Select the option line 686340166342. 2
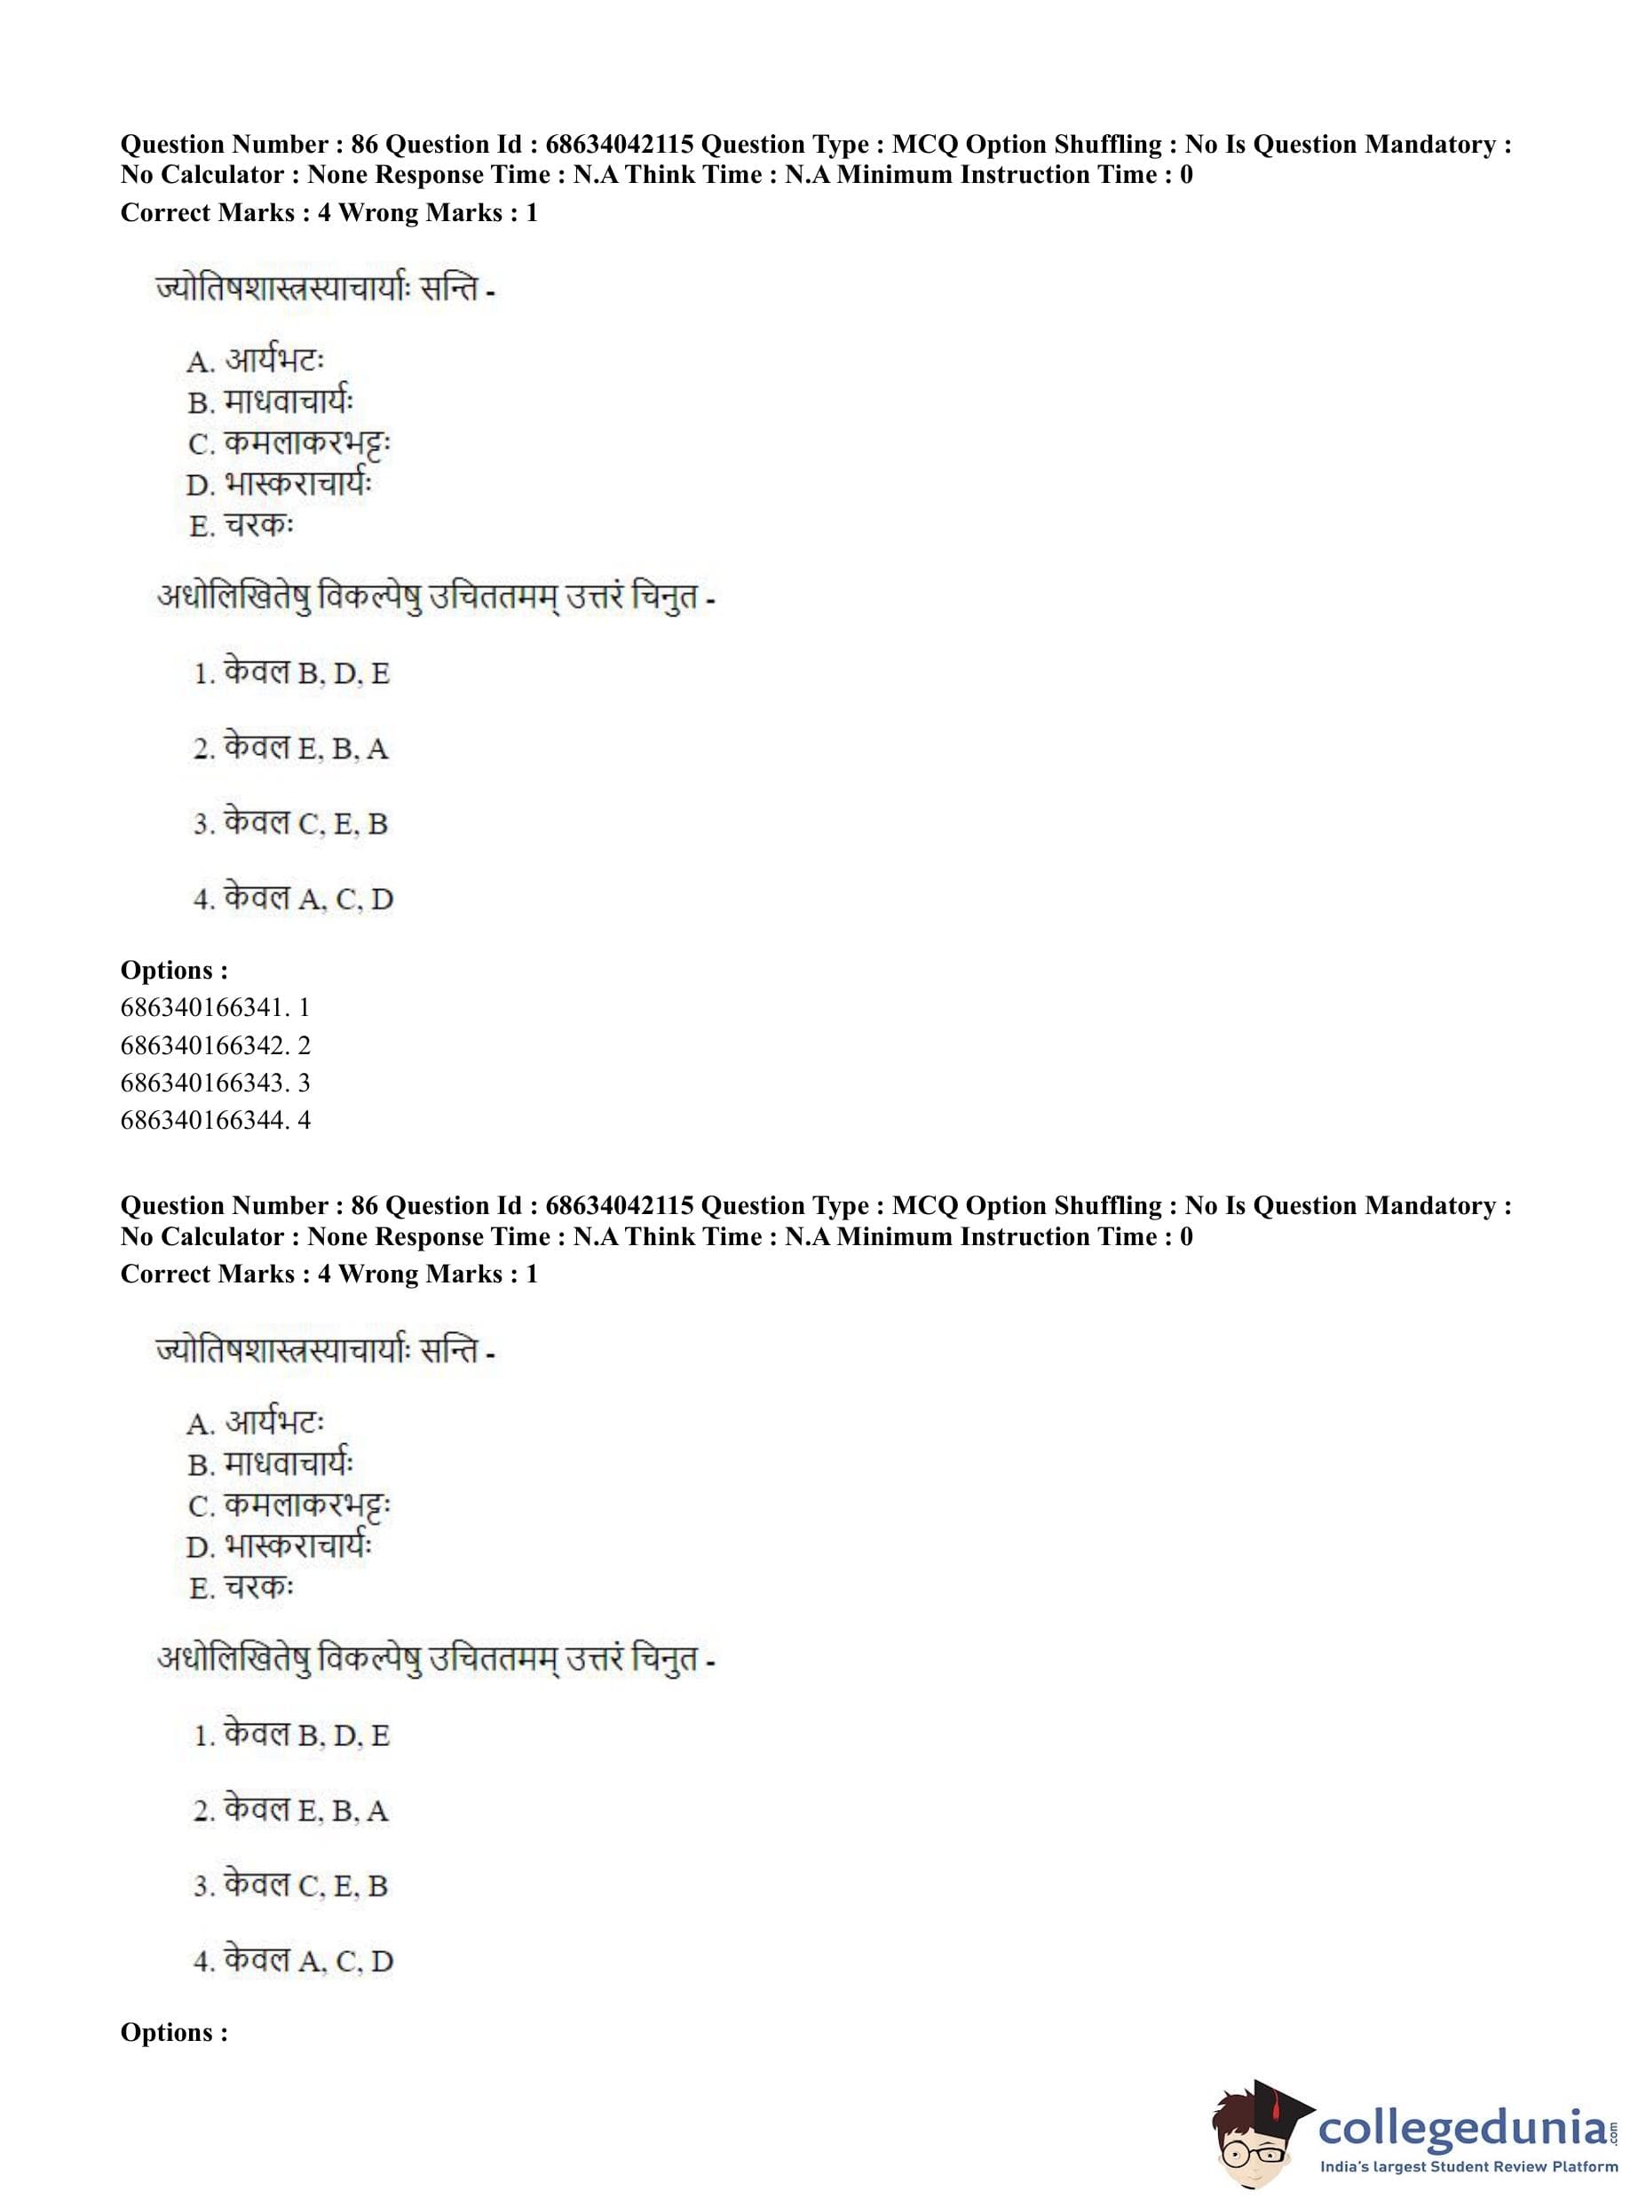coord(214,1044)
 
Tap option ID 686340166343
coord(214,1082)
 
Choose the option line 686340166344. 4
coord(214,1119)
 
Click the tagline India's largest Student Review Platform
coord(1468,2167)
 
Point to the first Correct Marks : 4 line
coord(328,212)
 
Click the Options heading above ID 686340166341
coord(174,970)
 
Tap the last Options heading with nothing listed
coord(174,2032)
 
